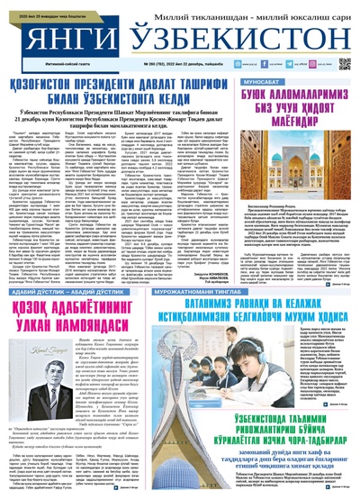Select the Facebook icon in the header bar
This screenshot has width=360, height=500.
pyautogui.click(x=266, y=65)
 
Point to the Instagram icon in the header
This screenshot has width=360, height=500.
pyautogui.click(x=314, y=65)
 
